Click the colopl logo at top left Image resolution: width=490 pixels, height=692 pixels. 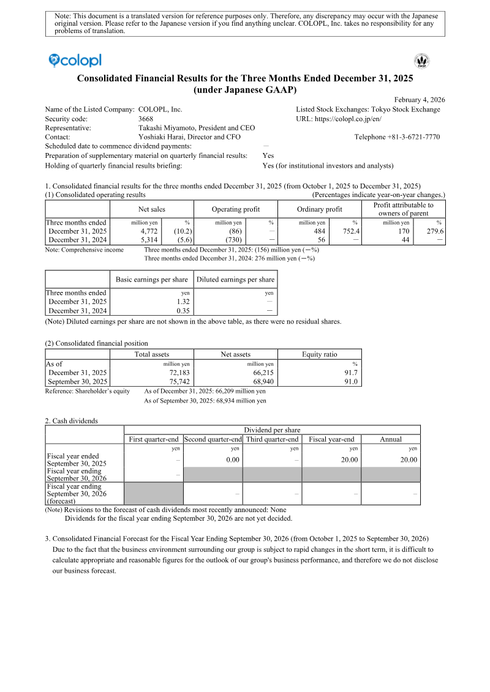pyautogui.click(x=75, y=60)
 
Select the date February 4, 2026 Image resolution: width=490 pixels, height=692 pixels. pyautogui.click(x=420, y=100)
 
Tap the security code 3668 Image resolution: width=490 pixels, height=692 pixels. pyautogui.click(x=146, y=119)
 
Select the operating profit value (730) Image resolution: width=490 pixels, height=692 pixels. pyautogui.click(x=234, y=240)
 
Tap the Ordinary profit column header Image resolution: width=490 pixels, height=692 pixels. pyautogui.click(x=319, y=209)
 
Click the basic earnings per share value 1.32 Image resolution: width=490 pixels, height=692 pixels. pyautogui.click(x=183, y=302)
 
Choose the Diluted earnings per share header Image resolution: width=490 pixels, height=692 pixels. pyautogui.click(x=235, y=280)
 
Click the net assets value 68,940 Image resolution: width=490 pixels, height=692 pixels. pyautogui.click(x=262, y=381)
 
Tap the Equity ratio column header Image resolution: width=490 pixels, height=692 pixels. pyautogui.click(x=319, y=354)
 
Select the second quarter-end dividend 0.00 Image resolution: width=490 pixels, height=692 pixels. pyautogui.click(x=232, y=460)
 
